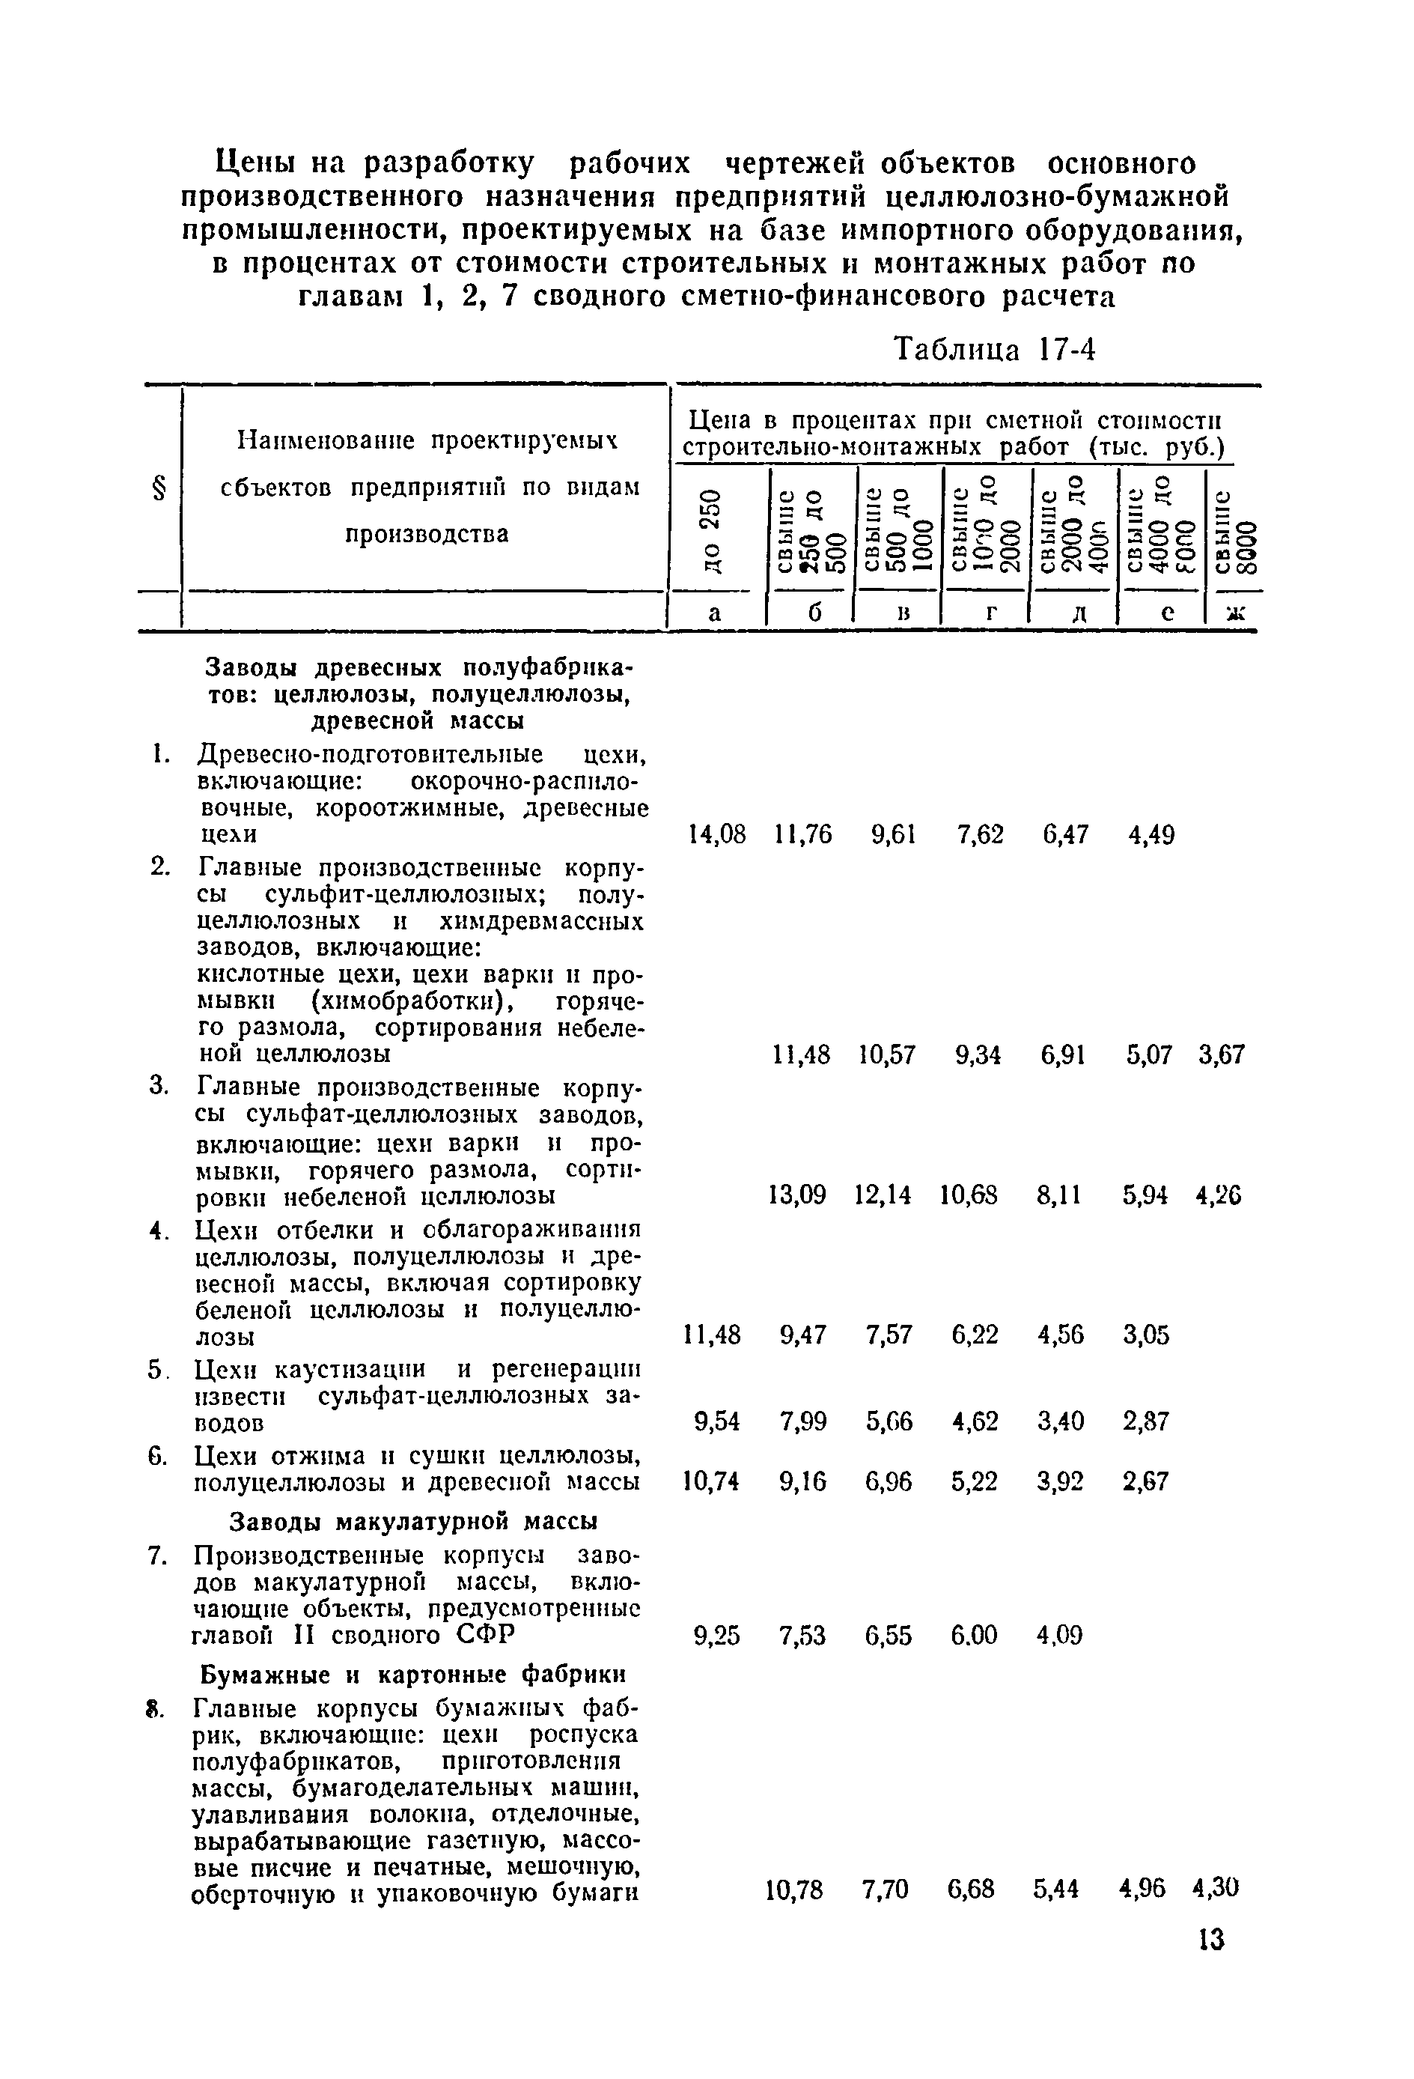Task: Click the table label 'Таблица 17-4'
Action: click(995, 350)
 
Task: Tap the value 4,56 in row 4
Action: click(1061, 1335)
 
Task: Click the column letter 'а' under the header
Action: click(713, 613)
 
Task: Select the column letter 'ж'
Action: click(1235, 613)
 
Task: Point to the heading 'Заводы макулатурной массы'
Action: click(414, 1521)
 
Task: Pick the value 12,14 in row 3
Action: click(883, 1195)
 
